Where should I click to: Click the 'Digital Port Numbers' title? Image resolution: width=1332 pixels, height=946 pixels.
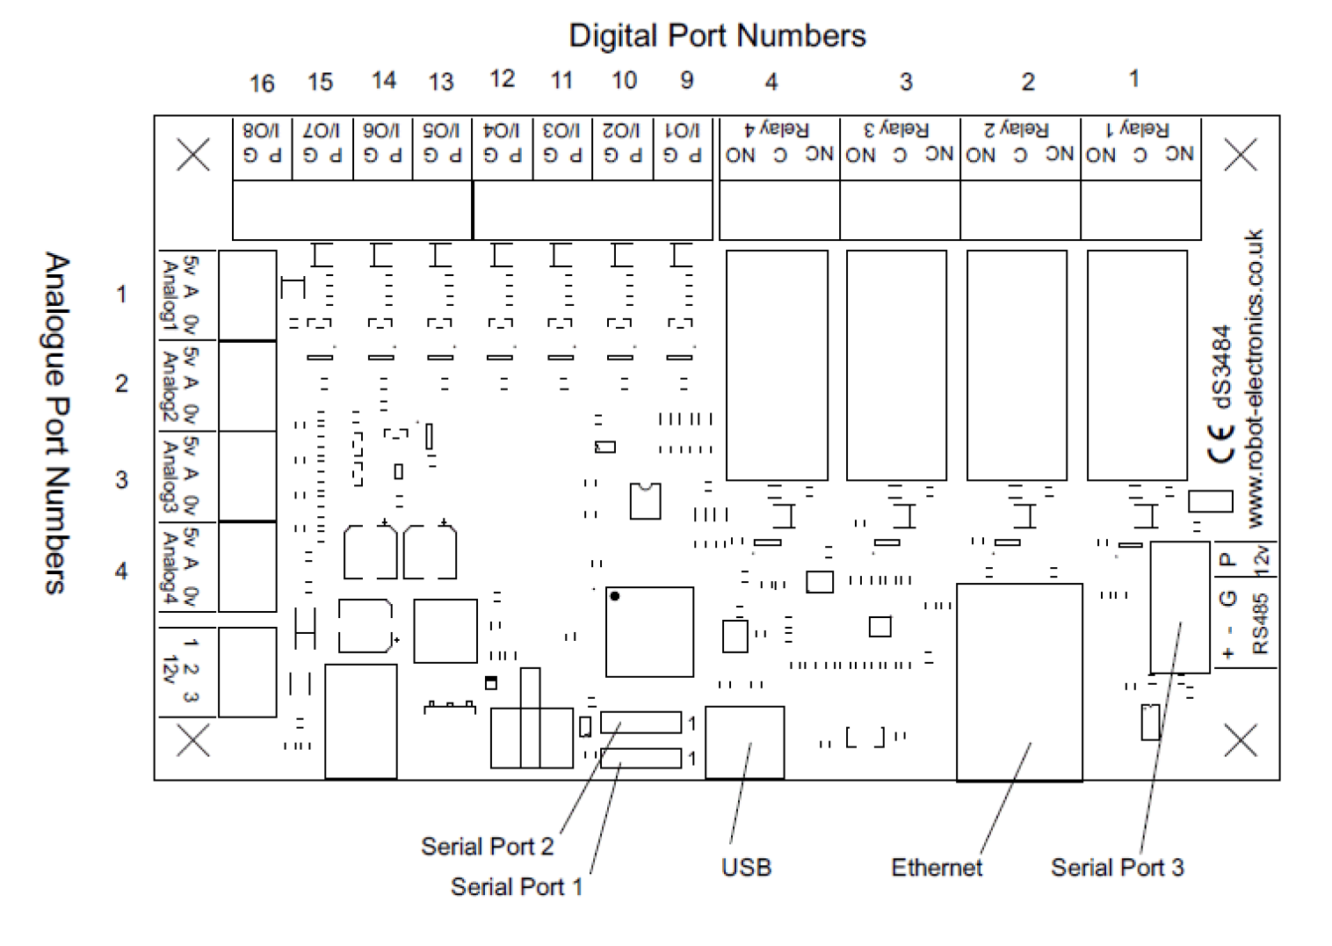click(717, 36)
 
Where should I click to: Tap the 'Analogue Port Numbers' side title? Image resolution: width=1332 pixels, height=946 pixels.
click(56, 424)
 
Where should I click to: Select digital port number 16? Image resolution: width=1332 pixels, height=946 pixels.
click(262, 84)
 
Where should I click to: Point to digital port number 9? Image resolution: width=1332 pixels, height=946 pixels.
click(687, 81)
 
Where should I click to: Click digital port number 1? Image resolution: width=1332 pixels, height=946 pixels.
click(1133, 79)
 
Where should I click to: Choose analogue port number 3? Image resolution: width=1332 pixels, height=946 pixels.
click(121, 480)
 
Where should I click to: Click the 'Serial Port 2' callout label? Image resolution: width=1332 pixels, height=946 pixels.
click(487, 847)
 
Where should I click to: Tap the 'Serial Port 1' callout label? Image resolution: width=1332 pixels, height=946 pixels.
click(516, 887)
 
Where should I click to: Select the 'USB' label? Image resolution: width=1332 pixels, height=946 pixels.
click(746, 868)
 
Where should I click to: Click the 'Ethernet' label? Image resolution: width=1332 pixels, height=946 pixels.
click(937, 868)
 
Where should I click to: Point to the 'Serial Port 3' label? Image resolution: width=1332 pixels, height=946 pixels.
click(1117, 868)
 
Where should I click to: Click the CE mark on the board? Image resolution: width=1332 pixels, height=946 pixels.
click(1222, 443)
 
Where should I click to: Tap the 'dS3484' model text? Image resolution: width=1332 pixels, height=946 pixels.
click(1222, 367)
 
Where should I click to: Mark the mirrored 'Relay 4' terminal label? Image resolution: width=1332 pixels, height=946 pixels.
click(777, 130)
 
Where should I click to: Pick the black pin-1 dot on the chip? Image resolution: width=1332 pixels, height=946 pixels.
click(615, 596)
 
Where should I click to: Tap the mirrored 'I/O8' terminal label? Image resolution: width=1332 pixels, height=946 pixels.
click(261, 131)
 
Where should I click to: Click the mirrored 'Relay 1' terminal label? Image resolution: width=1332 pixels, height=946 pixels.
click(1138, 130)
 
